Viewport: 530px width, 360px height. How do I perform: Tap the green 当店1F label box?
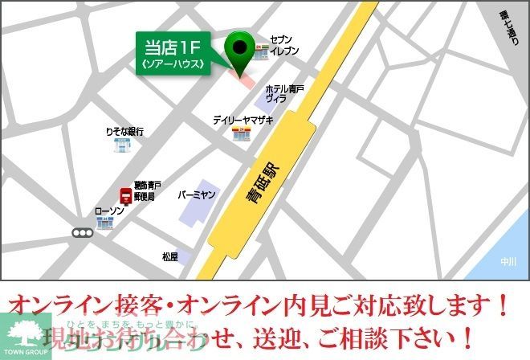pos(173,55)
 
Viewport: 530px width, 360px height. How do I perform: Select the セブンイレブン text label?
pos(284,44)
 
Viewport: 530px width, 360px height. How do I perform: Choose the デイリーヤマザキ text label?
pos(243,120)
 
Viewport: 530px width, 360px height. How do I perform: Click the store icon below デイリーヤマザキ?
pos(240,135)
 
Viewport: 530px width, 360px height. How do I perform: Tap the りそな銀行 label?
pos(124,131)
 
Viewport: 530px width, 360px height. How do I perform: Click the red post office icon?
pos(125,194)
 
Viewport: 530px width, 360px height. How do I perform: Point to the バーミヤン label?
pos(198,195)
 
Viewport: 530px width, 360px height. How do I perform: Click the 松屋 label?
pos(169,257)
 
